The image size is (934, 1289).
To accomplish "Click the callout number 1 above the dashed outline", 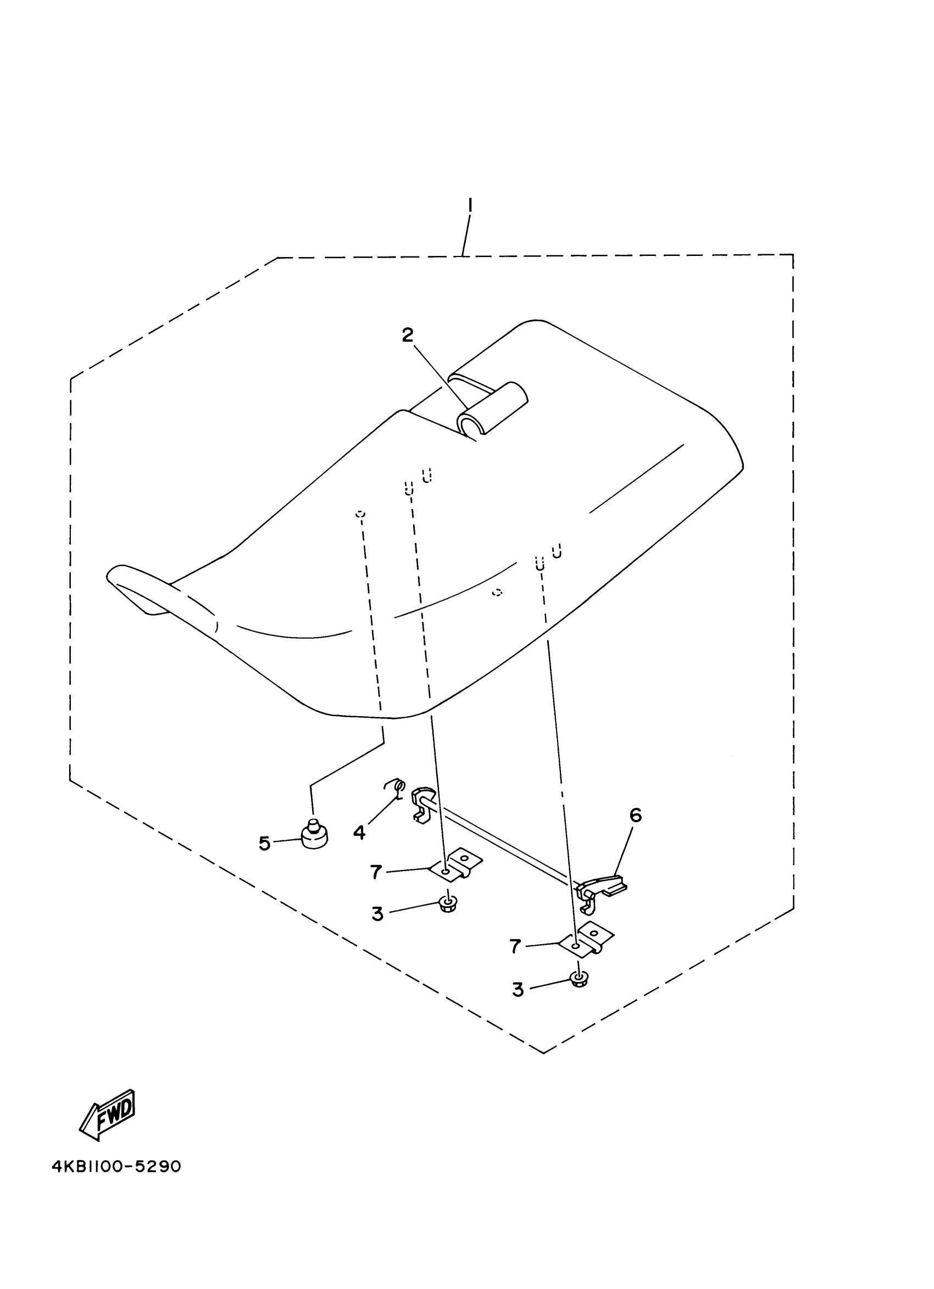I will point(470,205).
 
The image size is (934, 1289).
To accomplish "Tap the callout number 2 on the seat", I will point(408,336).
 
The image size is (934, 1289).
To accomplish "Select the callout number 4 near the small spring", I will point(359,833).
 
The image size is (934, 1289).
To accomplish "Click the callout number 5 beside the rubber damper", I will point(264,844).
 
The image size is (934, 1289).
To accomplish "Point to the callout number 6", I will point(636,816).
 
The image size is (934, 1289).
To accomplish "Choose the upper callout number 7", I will point(376,872).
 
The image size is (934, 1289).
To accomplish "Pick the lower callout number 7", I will point(515,947).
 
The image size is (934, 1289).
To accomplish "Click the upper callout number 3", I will point(377,914).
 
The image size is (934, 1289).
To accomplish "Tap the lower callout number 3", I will point(518,990).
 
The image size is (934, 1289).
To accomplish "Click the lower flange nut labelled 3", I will point(579,978).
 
